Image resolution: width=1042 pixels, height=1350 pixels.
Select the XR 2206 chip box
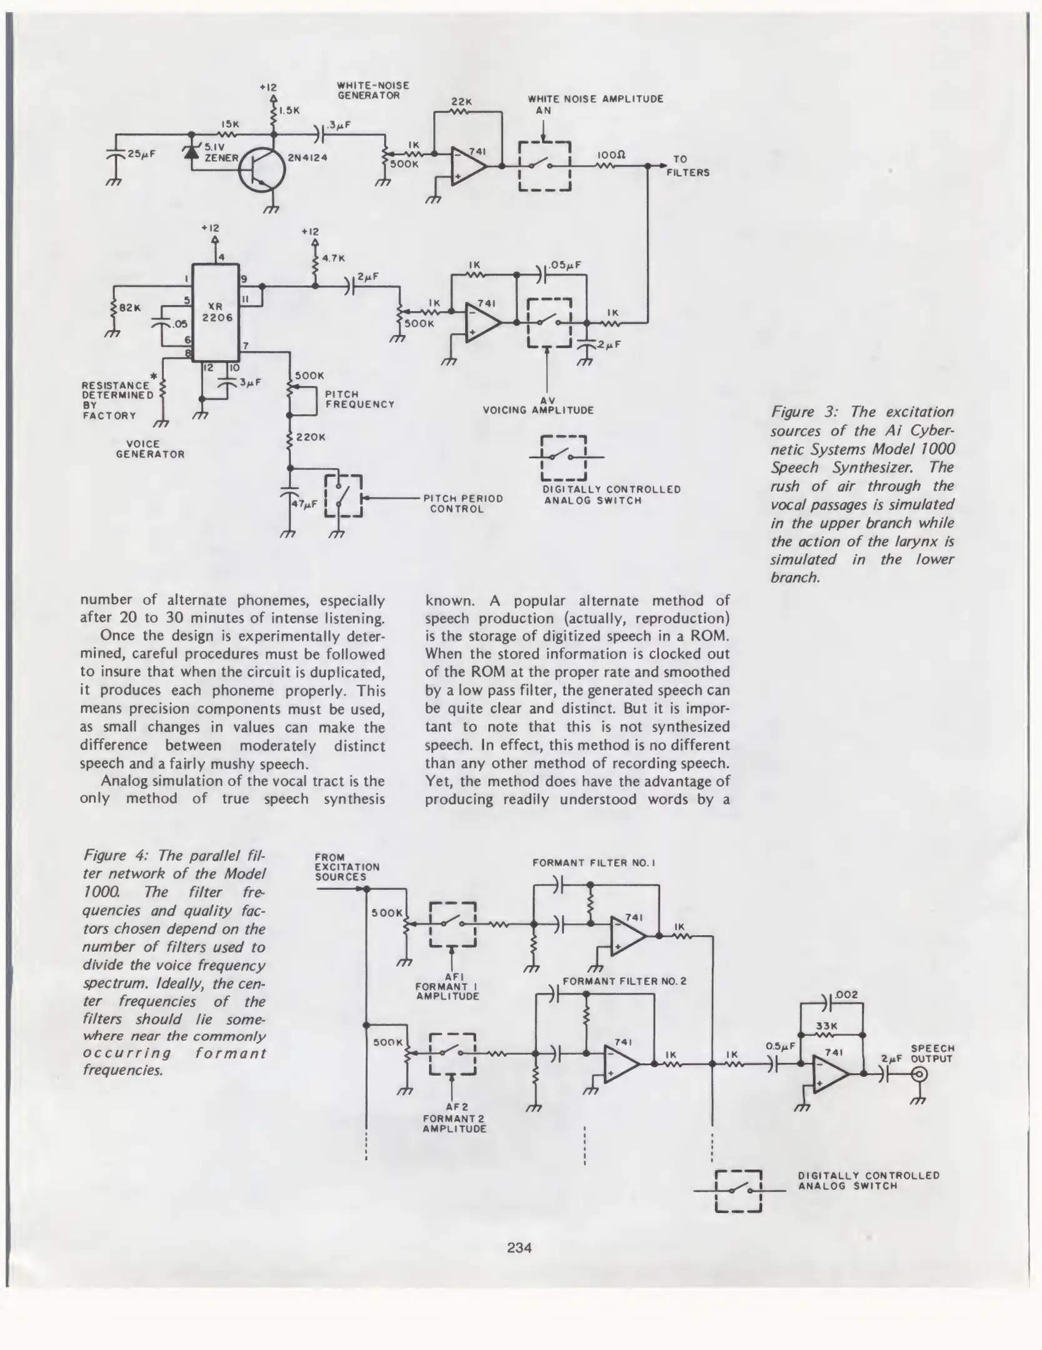click(x=216, y=312)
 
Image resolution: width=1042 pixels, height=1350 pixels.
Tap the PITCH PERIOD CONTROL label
click(x=463, y=503)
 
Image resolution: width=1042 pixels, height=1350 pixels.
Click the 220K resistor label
click(x=310, y=437)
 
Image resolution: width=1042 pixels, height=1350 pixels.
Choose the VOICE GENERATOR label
click(x=150, y=449)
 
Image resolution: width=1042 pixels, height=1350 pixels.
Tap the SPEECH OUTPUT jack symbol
click(x=919, y=1074)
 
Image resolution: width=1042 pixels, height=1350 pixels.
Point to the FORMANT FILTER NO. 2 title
click(x=624, y=981)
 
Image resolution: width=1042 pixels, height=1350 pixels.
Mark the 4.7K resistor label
click(x=333, y=257)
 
